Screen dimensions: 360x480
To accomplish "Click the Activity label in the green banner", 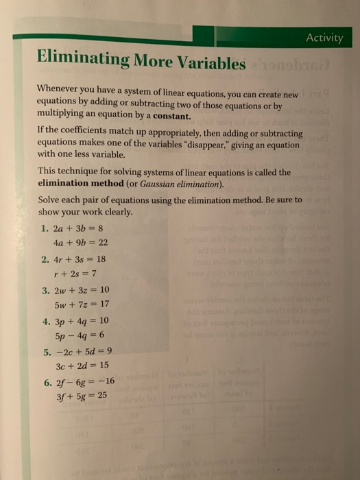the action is pyautogui.click(x=324, y=37).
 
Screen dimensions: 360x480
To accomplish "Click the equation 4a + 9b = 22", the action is pyautogui.click(x=80, y=243).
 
